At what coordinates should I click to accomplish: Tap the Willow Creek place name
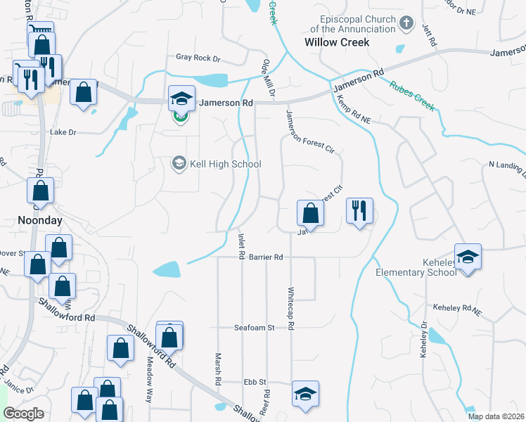point(337,42)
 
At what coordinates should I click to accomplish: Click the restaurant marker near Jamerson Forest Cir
point(359,211)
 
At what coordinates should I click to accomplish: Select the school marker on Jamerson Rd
point(181,99)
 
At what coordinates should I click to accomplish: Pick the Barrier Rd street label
point(266,257)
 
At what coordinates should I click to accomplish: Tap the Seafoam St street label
point(255,328)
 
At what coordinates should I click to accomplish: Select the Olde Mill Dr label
point(269,79)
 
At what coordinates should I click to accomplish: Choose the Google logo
point(24,414)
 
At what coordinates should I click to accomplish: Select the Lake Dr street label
point(63,132)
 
